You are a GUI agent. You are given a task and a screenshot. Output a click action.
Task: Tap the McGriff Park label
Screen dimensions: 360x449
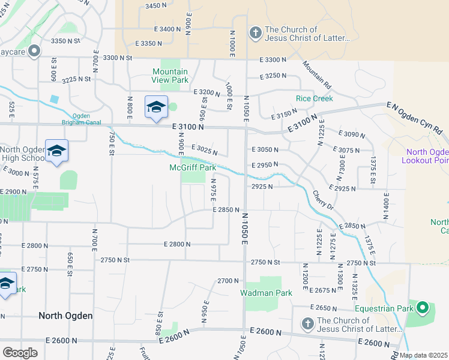click(x=192, y=168)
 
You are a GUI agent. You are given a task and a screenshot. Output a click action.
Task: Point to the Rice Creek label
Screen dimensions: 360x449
click(x=311, y=98)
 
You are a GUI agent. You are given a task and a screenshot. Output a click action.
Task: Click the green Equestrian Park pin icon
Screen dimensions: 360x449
click(x=423, y=308)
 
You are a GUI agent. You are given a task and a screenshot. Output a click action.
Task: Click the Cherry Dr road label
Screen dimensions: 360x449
click(x=322, y=200)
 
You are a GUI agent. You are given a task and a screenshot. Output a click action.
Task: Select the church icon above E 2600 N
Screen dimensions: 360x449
click(x=307, y=325)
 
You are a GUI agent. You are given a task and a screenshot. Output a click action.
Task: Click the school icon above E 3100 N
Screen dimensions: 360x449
click(x=156, y=107)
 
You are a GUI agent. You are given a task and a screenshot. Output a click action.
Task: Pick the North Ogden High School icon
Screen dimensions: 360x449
click(x=56, y=151)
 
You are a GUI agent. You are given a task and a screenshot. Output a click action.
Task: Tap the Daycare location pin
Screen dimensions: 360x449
click(x=35, y=52)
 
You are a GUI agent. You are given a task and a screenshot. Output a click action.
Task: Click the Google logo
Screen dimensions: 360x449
click(x=20, y=353)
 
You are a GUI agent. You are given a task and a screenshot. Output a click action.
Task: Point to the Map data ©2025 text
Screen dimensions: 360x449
click(x=423, y=355)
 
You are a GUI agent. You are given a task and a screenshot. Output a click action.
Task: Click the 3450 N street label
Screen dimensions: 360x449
click(x=155, y=5)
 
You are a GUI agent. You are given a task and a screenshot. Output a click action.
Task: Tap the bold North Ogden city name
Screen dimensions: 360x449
click(x=65, y=316)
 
